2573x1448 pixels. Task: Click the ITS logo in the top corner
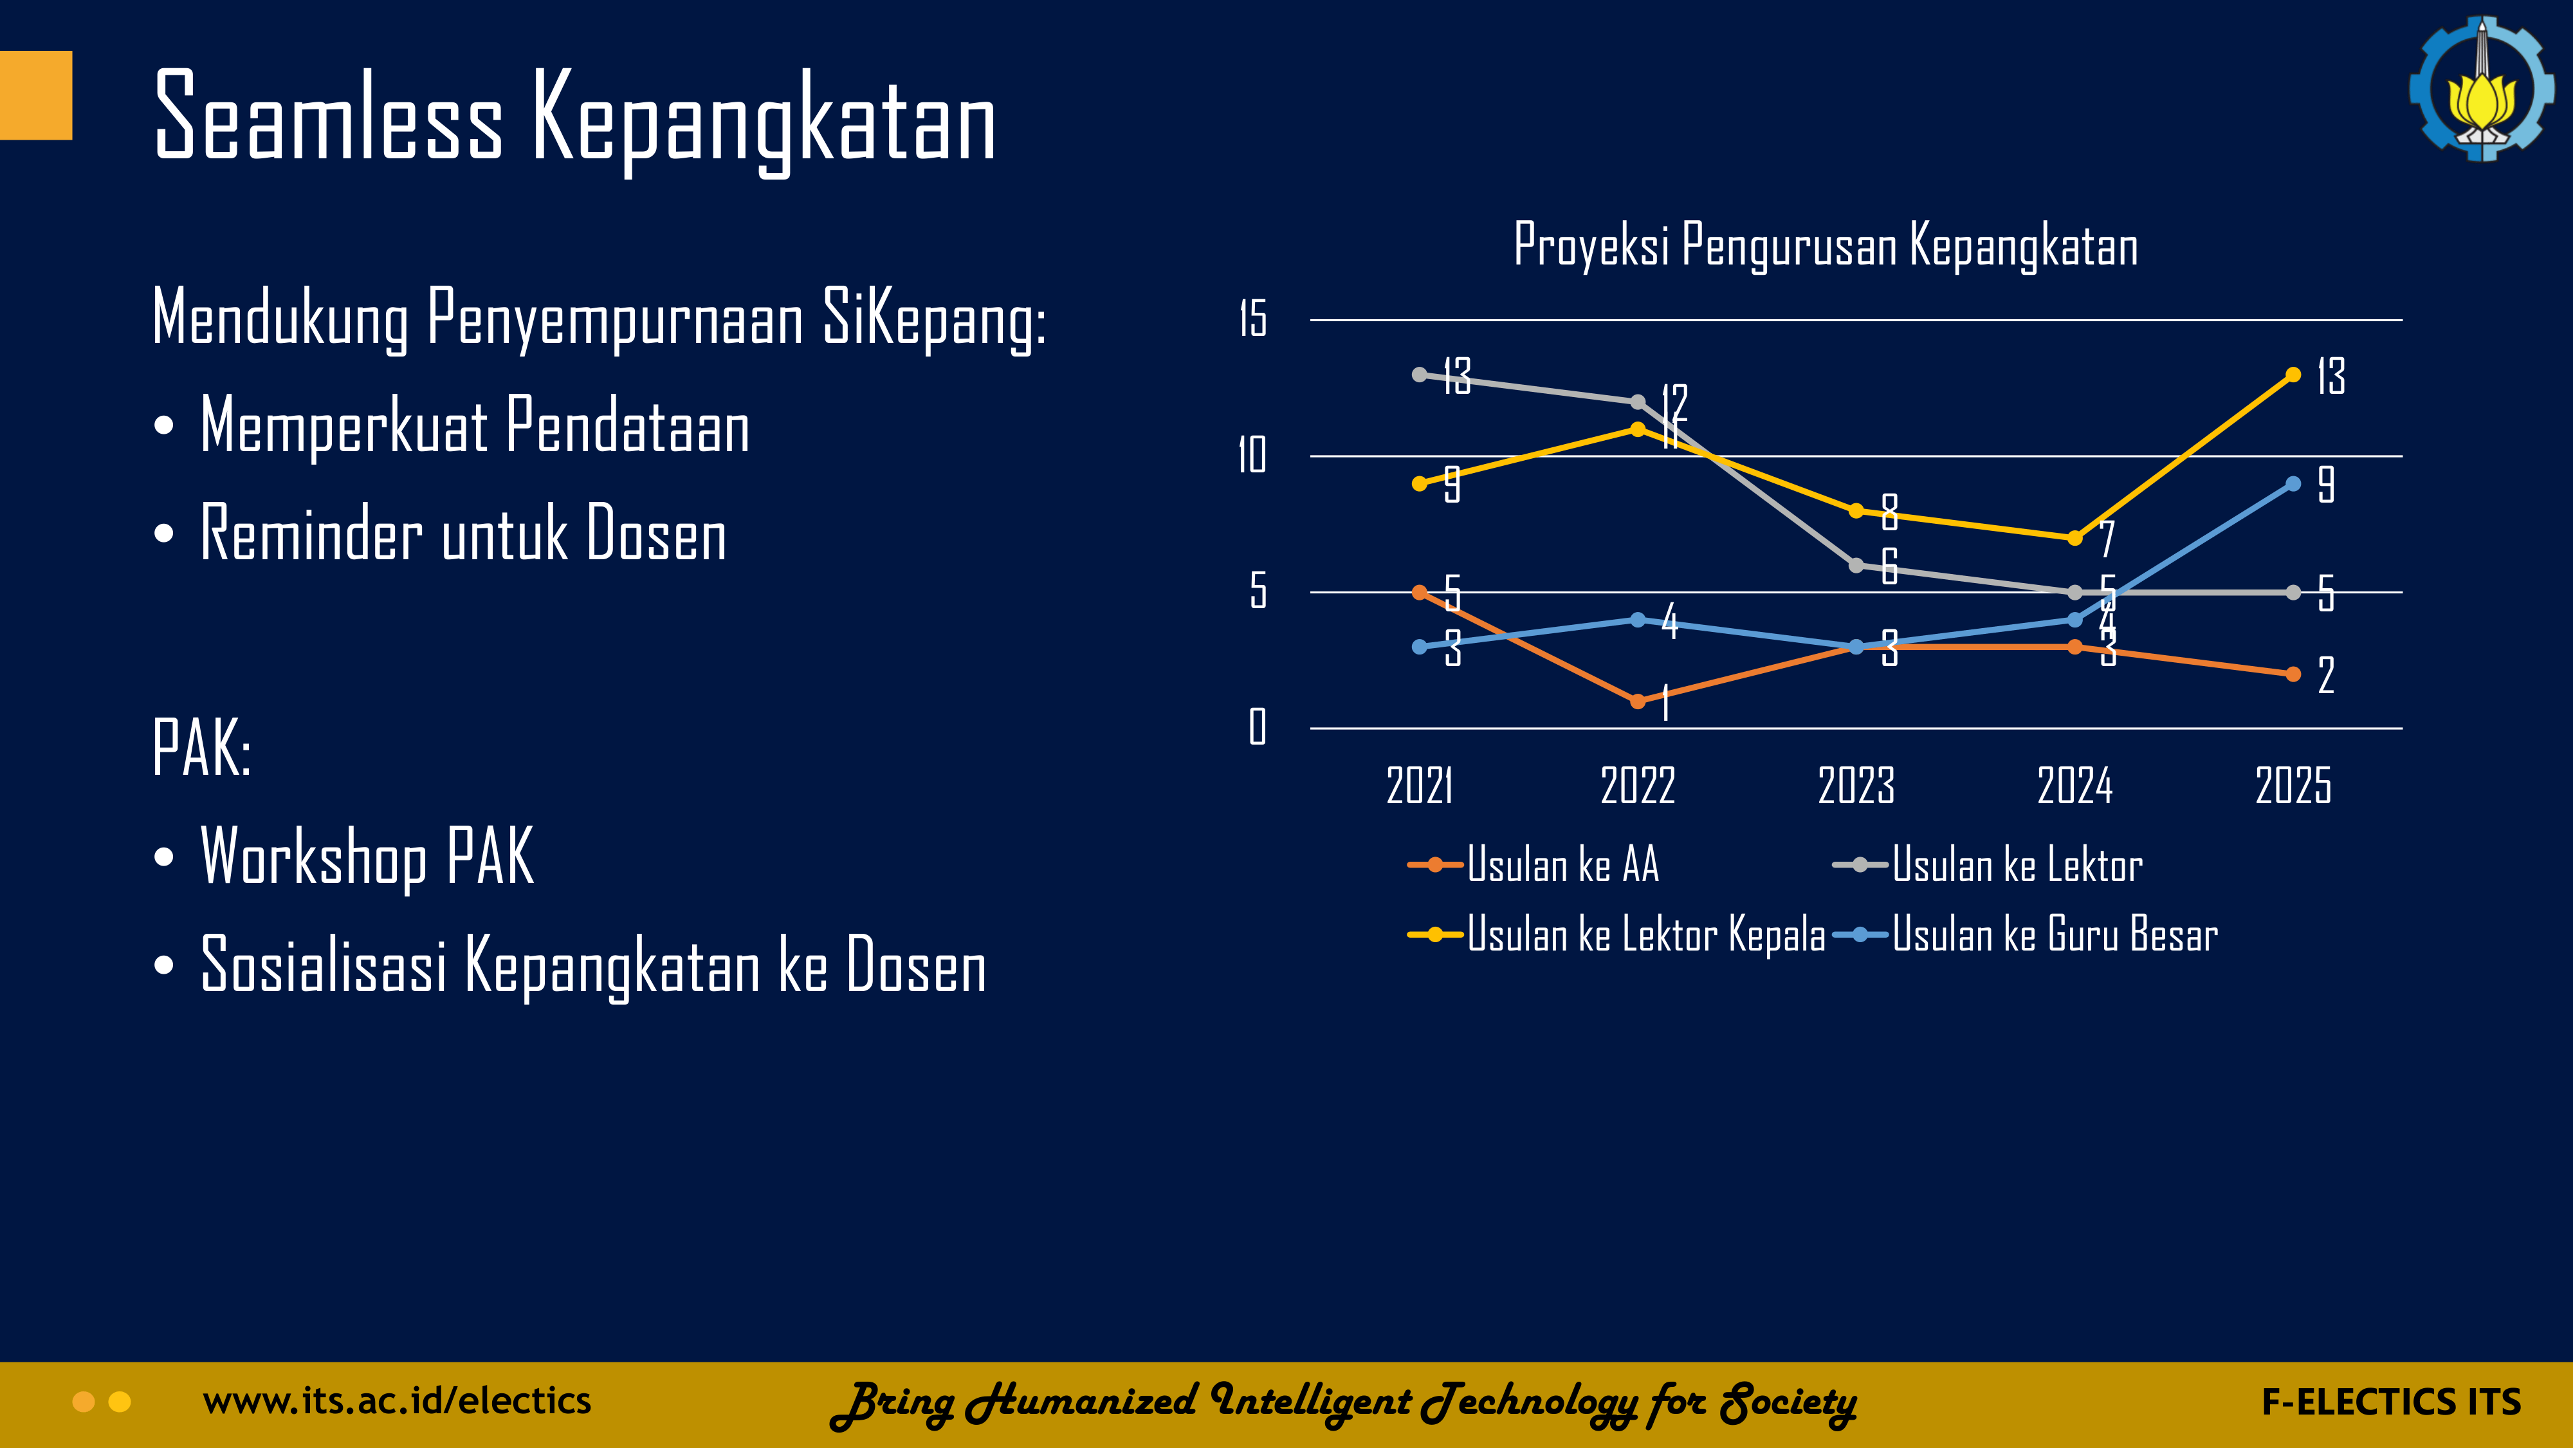[2481, 88]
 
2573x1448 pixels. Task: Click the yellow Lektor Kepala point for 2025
[2293, 375]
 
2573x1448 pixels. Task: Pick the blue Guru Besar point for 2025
[2293, 484]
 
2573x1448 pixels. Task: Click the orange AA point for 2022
[1638, 701]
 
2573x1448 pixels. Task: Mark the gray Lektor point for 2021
[1420, 375]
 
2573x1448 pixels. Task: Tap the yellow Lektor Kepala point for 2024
[2074, 537]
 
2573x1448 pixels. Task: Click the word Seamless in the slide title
[329, 118]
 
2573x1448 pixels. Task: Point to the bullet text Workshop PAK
[367, 857]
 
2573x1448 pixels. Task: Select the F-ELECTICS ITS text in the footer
[2391, 1402]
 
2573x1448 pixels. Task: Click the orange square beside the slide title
[36, 95]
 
